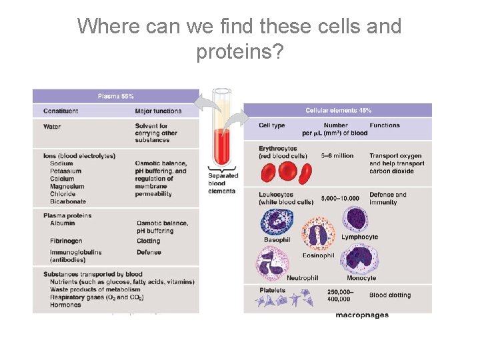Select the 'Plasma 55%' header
(x=116, y=96)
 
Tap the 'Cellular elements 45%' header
(x=338, y=110)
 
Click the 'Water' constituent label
(x=52, y=126)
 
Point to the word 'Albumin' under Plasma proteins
(x=63, y=223)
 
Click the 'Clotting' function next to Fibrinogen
(x=148, y=241)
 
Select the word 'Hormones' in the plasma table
(x=65, y=305)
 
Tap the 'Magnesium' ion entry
(x=67, y=187)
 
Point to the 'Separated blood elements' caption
(x=222, y=183)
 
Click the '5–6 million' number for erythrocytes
(x=337, y=156)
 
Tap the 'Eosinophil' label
(x=317, y=255)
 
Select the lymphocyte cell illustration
(x=355, y=218)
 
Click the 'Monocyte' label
(x=361, y=278)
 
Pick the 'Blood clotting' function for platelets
(x=390, y=295)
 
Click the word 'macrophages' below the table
(x=361, y=315)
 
